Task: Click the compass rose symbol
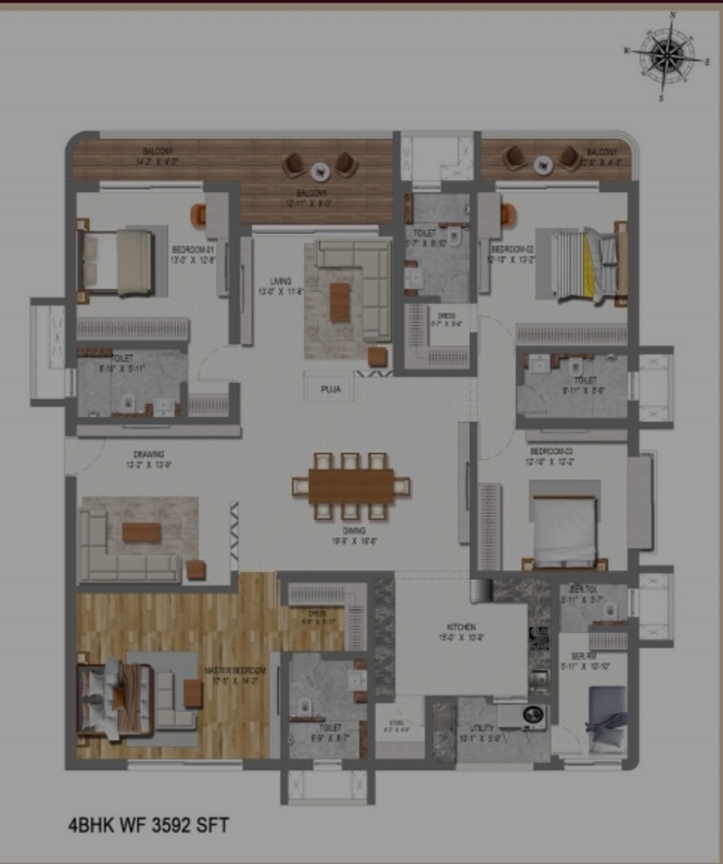[667, 55]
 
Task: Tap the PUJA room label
[331, 389]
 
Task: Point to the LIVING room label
[280, 280]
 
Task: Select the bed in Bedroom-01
[115, 260]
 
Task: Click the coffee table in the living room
[340, 302]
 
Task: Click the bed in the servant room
[606, 719]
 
